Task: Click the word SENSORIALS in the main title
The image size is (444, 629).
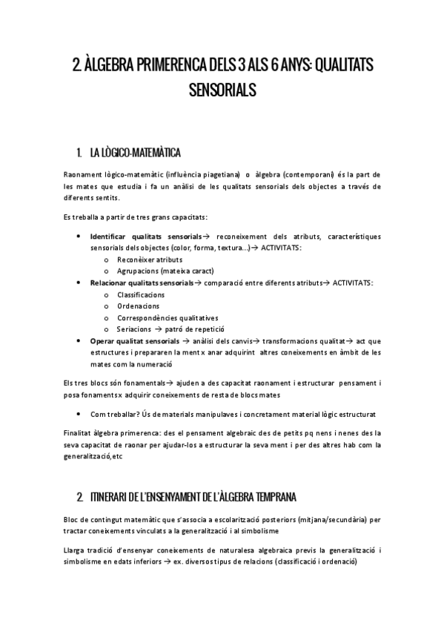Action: coord(222,90)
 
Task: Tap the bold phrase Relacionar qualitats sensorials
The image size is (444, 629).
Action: coord(141,283)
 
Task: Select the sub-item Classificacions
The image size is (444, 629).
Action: coord(141,294)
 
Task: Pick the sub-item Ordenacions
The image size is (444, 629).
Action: coord(136,306)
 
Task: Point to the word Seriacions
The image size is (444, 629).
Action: coord(134,329)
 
